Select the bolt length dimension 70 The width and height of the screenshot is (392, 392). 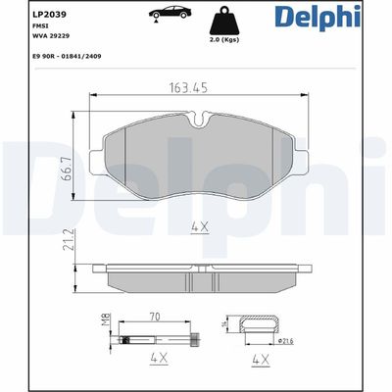(x=154, y=318)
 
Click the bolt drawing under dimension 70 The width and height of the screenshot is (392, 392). (x=157, y=340)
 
